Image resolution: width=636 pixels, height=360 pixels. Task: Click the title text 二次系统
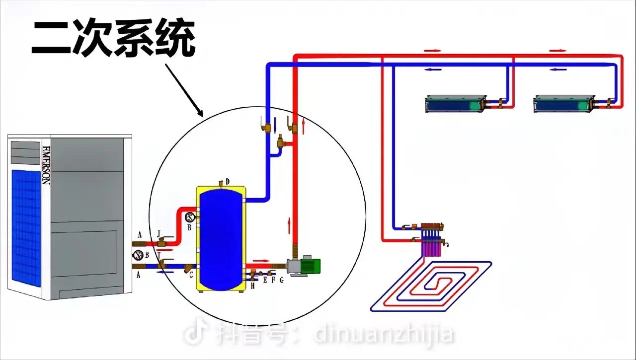[x=113, y=39]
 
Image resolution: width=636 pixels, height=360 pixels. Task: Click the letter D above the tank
[x=227, y=181]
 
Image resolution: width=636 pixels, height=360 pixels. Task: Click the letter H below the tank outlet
[x=252, y=286]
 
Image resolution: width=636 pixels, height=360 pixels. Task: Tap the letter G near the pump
[x=282, y=281]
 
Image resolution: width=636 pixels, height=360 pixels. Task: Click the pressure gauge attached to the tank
[x=189, y=217]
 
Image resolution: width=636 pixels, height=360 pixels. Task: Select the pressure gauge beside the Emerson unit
[x=138, y=255]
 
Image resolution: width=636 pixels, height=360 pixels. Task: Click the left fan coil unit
[x=455, y=104]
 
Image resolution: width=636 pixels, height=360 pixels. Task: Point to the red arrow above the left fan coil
[x=433, y=51]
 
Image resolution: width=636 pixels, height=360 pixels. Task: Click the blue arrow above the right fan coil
[x=558, y=70]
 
